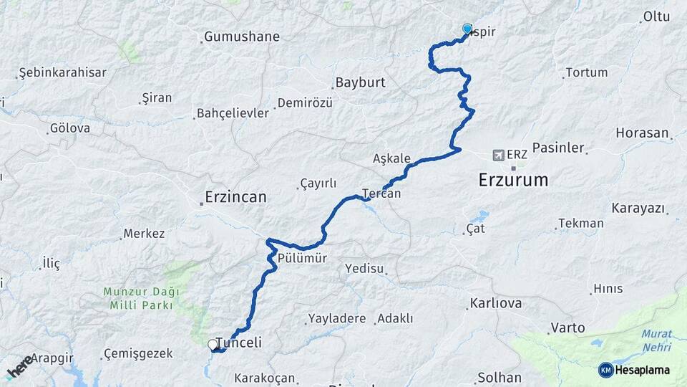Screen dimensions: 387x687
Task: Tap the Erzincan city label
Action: [235, 196]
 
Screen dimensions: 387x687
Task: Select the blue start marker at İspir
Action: [467, 29]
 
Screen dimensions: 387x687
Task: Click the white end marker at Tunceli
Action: [213, 345]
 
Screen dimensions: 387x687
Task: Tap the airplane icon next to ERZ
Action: [499, 154]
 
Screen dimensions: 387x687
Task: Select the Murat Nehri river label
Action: [656, 340]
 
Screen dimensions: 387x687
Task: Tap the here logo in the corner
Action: [19, 365]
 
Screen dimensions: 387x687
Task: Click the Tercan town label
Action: [381, 193]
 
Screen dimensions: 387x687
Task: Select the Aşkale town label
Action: [392, 158]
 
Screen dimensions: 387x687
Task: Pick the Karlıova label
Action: [496, 303]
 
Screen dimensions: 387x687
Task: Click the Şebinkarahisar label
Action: [63, 72]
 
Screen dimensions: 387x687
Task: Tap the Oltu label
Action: [656, 16]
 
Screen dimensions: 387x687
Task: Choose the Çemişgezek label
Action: [138, 353]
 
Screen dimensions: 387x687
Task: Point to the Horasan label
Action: [642, 133]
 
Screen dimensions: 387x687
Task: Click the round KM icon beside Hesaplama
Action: [605, 370]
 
